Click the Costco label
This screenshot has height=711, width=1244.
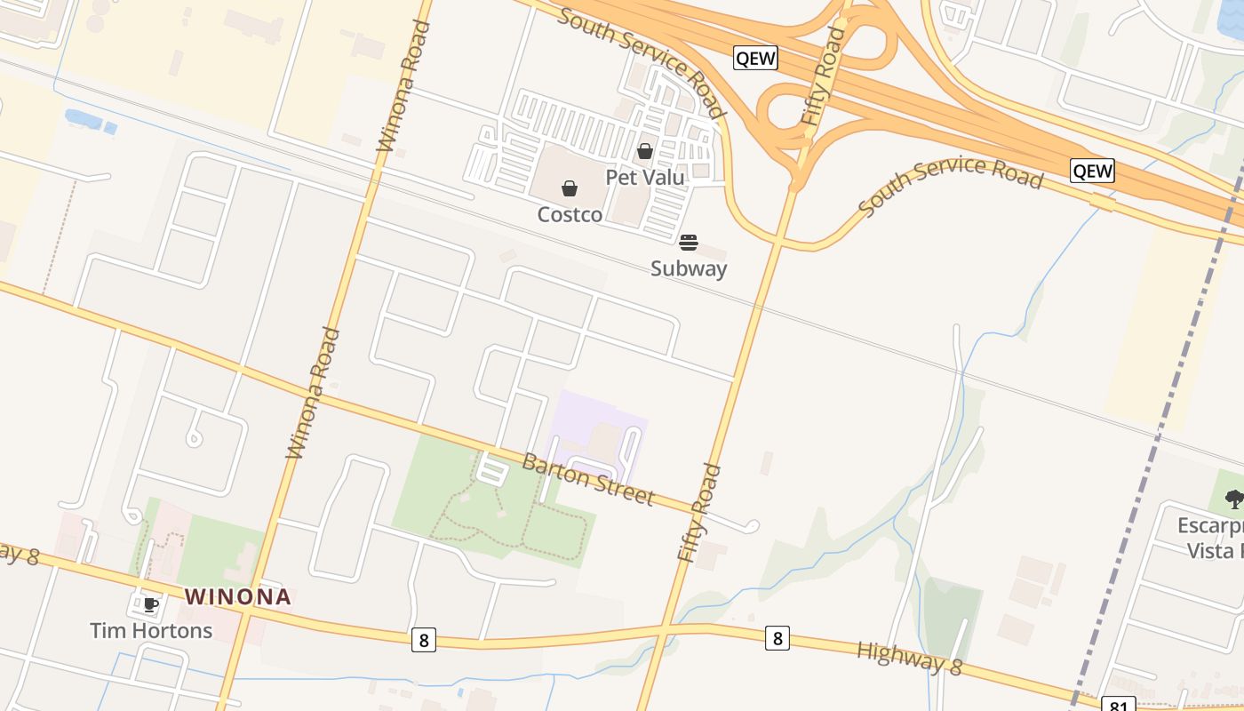click(x=570, y=214)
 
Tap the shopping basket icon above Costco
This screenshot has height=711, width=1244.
click(x=570, y=188)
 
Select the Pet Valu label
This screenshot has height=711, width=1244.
click(x=645, y=177)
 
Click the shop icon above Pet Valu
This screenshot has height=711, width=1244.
click(x=645, y=151)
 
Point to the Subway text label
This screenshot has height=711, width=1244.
click(x=689, y=268)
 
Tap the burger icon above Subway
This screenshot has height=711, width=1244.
click(x=689, y=243)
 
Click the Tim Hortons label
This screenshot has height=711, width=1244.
click(x=151, y=630)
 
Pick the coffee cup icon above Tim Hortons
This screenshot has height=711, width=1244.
click(x=151, y=605)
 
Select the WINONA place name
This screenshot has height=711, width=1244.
click(x=238, y=596)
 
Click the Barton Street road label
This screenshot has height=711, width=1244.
click(x=587, y=479)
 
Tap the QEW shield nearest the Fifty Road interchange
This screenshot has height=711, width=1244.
click(x=755, y=59)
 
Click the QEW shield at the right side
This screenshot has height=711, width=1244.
click(x=1092, y=171)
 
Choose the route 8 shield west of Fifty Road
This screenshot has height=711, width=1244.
click(x=424, y=639)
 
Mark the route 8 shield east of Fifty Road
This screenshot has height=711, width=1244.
click(x=777, y=637)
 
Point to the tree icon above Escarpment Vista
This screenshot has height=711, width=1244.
click(x=1234, y=499)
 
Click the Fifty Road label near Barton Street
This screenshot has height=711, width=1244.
click(x=700, y=513)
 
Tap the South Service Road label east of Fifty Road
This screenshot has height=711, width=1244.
click(x=951, y=184)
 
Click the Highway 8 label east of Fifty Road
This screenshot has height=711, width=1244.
click(x=909, y=658)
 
